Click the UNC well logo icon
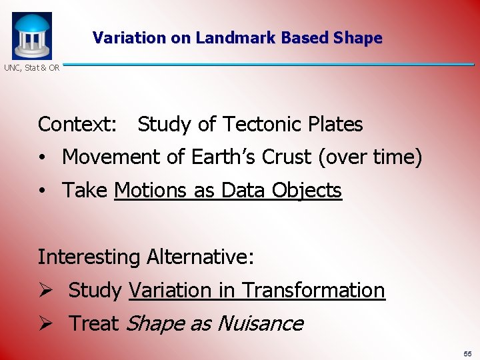31,35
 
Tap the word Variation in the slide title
130,38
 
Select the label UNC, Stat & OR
32,68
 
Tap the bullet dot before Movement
41,159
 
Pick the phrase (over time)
370,157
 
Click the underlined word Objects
307,191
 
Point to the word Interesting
89,257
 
